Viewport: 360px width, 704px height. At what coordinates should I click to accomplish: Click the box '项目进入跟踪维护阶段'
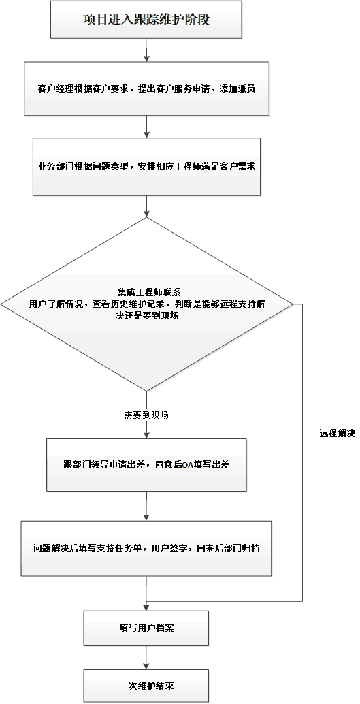tap(146, 19)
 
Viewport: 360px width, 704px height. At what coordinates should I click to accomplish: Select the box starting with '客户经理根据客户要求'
tap(146, 89)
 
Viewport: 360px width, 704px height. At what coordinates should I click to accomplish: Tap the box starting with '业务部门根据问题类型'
tap(146, 167)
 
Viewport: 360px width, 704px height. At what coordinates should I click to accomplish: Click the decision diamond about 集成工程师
tap(146, 304)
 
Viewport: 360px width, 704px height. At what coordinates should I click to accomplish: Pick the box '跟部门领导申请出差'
tap(146, 465)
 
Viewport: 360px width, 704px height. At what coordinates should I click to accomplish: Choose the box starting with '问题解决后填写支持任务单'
tap(146, 548)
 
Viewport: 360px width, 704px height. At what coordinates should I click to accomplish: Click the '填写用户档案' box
tap(146, 628)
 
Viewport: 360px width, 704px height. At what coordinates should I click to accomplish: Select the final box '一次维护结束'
tap(146, 686)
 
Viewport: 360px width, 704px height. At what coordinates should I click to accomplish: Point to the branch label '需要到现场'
tap(146, 415)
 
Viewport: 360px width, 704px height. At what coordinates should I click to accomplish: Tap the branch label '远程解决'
tap(338, 434)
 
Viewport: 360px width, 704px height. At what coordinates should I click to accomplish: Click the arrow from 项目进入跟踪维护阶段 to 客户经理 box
tap(146, 50)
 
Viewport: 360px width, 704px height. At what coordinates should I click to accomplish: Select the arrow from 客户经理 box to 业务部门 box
tap(146, 127)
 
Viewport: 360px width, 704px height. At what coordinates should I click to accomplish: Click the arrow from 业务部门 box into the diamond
tap(146, 206)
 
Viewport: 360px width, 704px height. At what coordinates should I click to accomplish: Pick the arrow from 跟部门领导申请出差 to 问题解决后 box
tap(146, 506)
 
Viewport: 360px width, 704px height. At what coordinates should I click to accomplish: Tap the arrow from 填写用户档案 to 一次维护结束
tap(146, 658)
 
